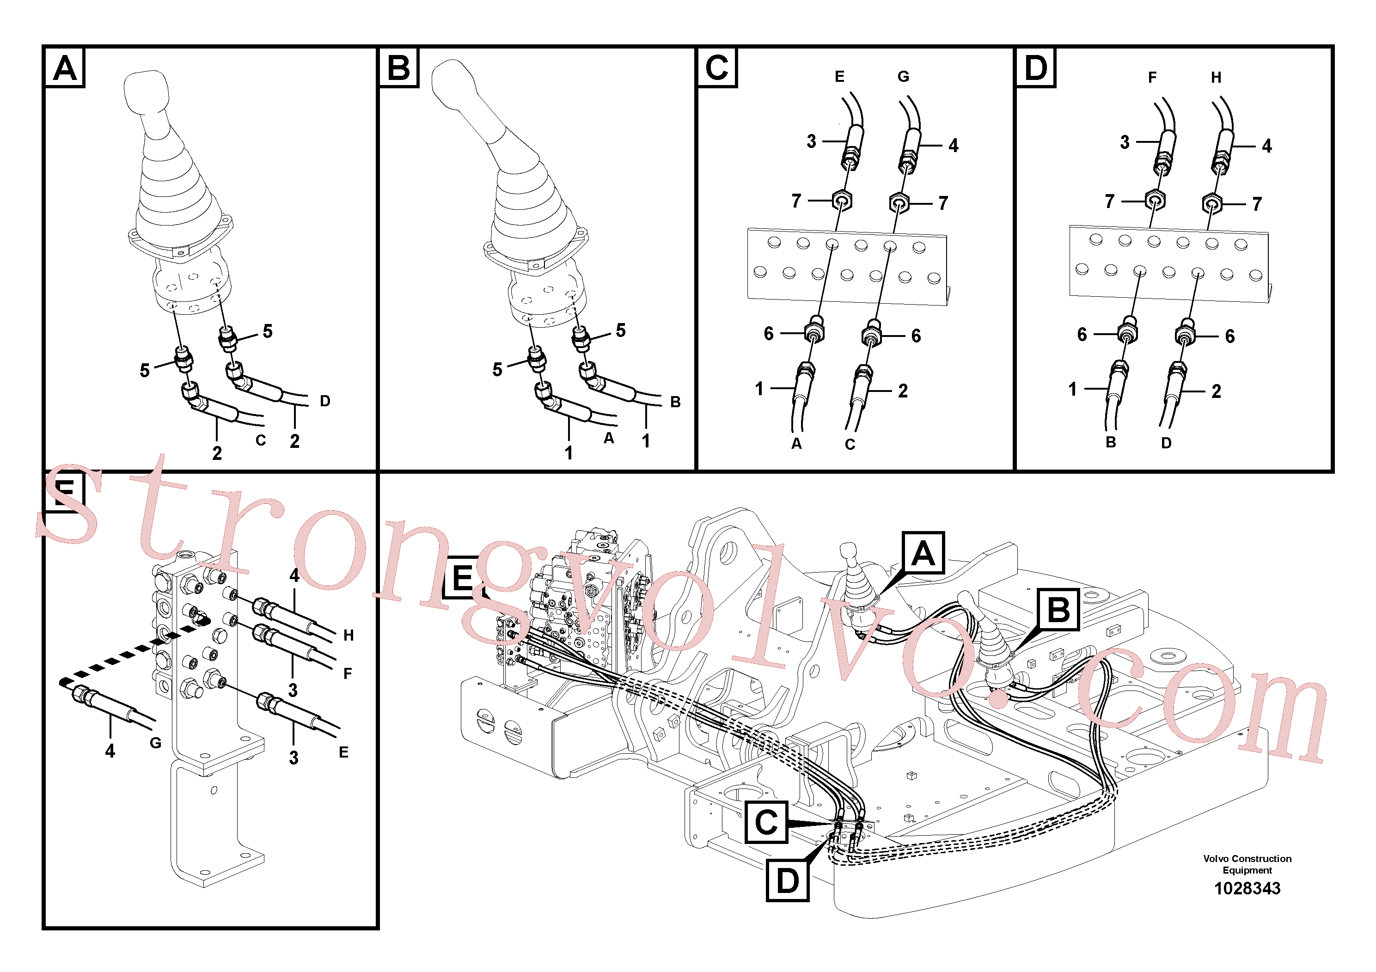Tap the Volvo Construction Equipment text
point(1247,864)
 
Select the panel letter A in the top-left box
point(65,68)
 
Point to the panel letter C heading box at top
point(717,68)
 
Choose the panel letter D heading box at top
point(1036,68)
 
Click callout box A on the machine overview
point(923,552)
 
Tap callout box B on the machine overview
point(1058,610)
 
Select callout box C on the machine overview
point(766,822)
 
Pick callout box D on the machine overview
point(788,880)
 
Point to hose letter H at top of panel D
point(1216,77)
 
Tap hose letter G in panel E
point(156,743)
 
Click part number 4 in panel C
point(954,146)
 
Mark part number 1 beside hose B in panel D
point(1072,390)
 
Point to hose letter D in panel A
point(325,401)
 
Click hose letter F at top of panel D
point(1152,77)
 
